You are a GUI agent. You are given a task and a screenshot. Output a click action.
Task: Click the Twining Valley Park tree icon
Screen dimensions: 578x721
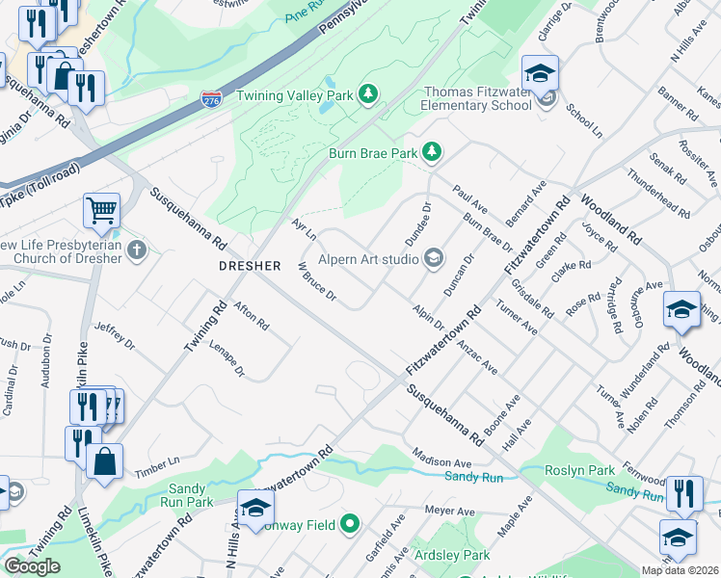point(367,93)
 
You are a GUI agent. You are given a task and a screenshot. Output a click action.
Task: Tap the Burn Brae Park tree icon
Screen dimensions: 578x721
point(433,151)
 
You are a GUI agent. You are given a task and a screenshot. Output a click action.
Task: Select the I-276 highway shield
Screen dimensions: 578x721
point(210,98)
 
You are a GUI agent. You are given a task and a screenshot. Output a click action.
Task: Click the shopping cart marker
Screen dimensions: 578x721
point(101,209)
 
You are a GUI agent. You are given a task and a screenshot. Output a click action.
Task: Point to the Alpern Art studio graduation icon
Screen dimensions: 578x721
point(434,257)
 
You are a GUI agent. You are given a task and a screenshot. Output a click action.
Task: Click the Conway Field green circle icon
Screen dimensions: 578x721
point(349,524)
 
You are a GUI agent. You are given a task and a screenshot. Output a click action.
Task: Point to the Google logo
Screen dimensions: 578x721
point(32,565)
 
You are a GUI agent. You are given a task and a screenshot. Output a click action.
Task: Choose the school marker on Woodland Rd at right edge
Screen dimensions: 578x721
point(681,309)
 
